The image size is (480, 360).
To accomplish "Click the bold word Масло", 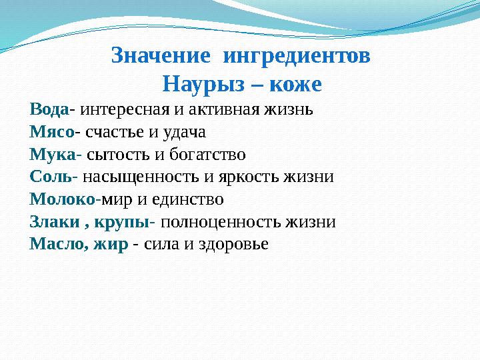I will point(56,245).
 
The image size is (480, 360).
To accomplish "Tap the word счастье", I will point(111,132).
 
